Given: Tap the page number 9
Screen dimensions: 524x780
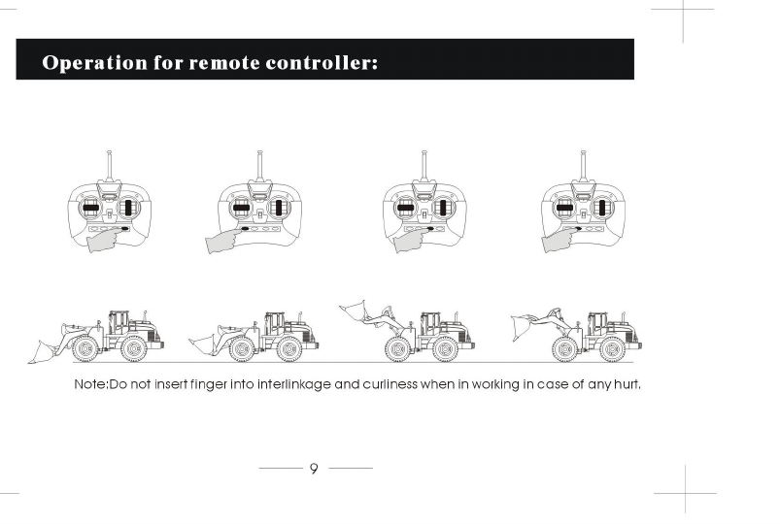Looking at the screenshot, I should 314,470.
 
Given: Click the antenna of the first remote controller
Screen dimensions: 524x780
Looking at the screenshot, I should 107,167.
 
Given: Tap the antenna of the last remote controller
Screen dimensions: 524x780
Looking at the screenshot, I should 583,167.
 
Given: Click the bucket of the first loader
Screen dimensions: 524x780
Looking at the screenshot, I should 45,349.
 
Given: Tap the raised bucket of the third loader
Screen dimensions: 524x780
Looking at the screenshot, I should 356,311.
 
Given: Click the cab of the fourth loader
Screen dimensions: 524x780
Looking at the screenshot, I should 597,323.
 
